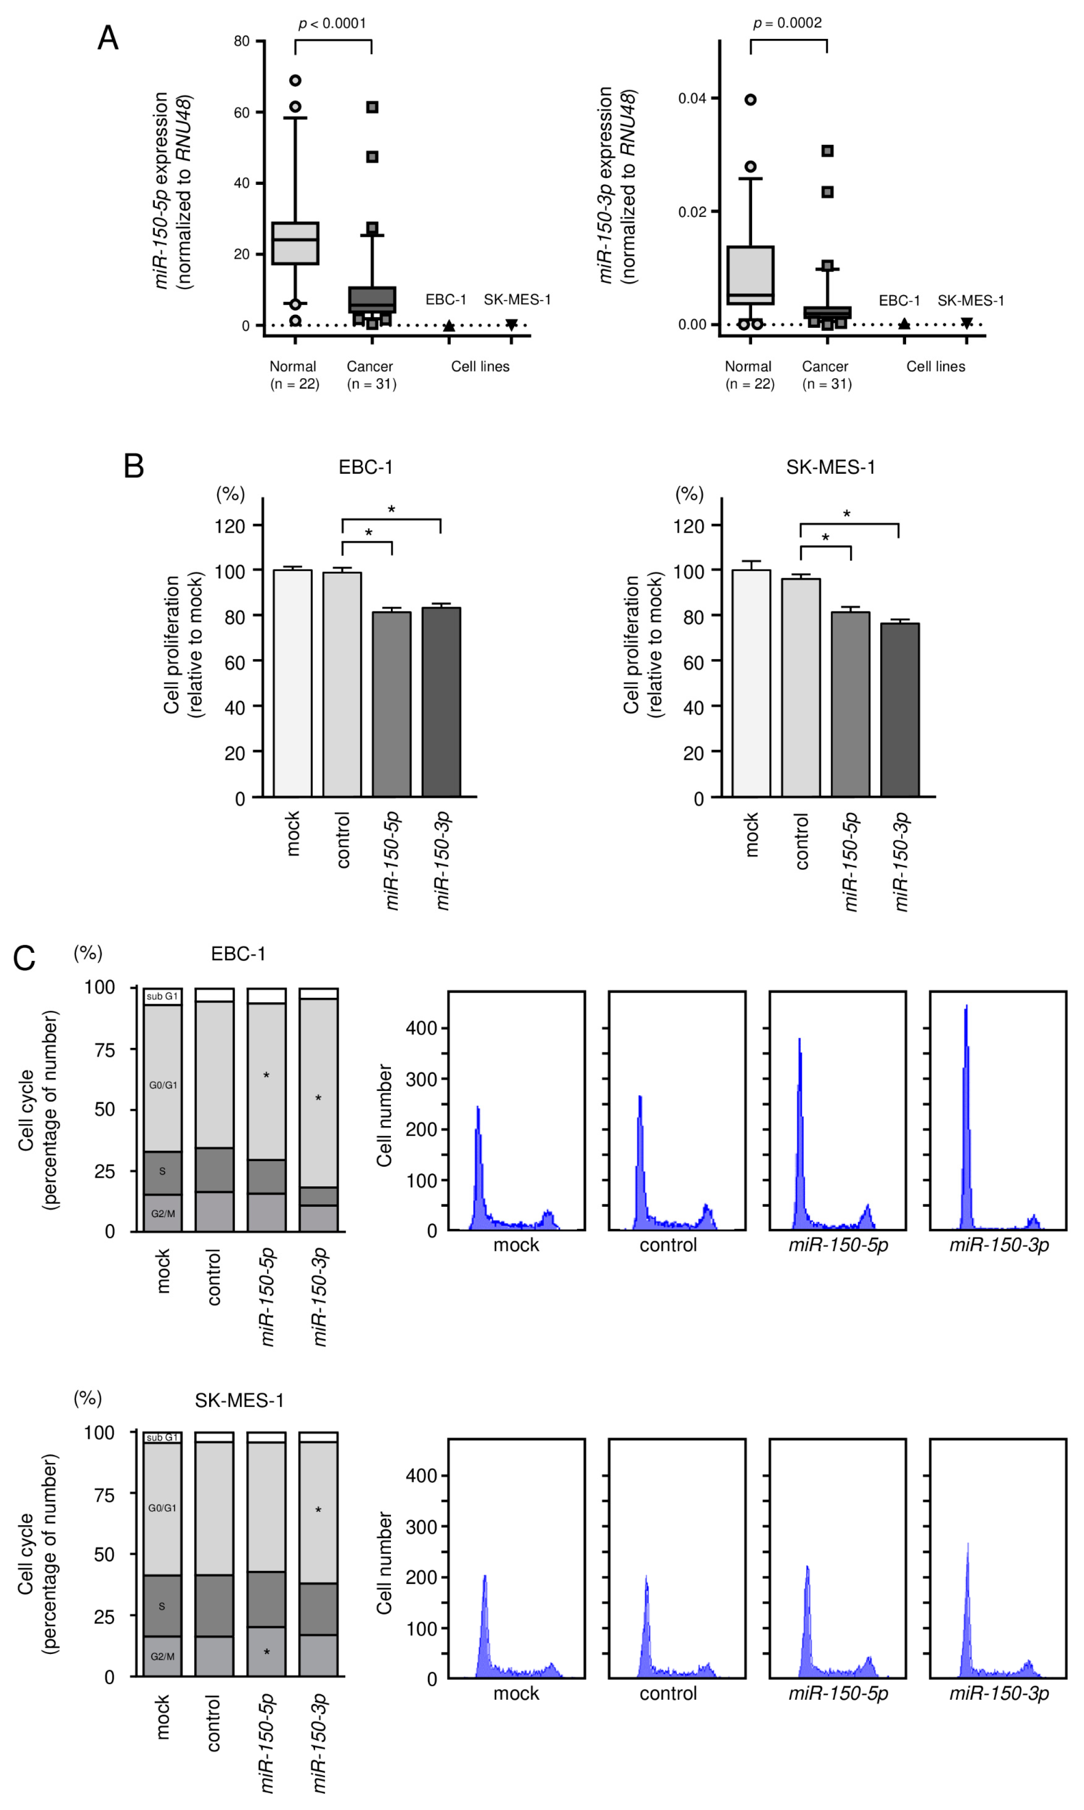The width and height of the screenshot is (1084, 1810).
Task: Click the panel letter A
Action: click(108, 38)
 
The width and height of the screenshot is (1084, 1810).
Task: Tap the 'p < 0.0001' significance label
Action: click(332, 24)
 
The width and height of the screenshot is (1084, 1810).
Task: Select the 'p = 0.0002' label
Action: click(788, 24)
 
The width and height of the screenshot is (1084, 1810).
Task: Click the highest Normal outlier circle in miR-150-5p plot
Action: click(295, 80)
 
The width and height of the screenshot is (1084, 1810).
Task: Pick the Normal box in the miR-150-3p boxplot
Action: click(750, 276)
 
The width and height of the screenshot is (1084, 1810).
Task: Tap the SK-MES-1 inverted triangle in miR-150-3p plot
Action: click(966, 323)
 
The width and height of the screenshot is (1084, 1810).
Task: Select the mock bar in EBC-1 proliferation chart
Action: click(293, 683)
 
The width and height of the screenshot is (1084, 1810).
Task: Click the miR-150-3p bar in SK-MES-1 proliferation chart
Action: click(900, 709)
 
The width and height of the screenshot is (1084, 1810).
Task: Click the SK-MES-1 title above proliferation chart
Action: click(831, 467)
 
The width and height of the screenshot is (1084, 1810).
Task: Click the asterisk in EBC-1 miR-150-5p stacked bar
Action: click(267, 1076)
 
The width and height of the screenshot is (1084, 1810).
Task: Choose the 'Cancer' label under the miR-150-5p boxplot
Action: click(370, 367)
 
